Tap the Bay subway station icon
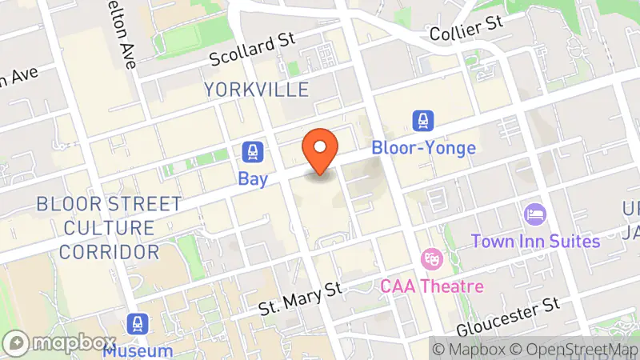click(253, 152)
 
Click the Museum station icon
click(137, 324)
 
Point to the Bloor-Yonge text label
click(423, 148)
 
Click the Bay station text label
click(253, 179)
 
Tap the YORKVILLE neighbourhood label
click(256, 89)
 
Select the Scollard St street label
click(252, 50)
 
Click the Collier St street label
click(466, 29)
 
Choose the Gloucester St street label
click(507, 316)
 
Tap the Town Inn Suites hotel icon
click(534, 214)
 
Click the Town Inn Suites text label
click(535, 241)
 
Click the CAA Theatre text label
click(433, 286)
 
